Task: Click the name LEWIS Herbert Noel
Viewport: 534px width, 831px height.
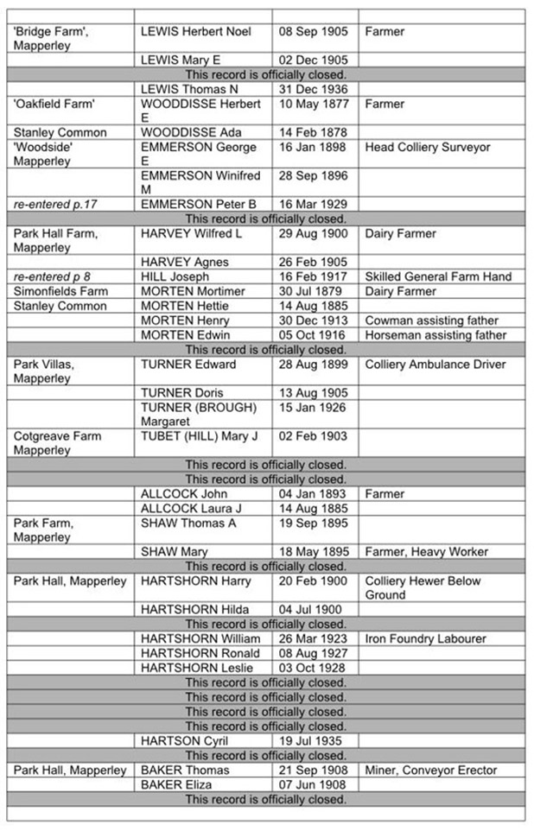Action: pos(196,32)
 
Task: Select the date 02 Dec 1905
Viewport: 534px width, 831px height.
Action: pos(313,60)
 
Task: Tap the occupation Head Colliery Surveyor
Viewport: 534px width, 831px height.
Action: pos(428,148)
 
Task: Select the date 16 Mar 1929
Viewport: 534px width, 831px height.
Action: pos(313,205)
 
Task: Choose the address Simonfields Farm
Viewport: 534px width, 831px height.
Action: pos(60,292)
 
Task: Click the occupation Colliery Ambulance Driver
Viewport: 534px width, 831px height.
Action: pos(435,365)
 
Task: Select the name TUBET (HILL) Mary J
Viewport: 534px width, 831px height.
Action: pos(199,436)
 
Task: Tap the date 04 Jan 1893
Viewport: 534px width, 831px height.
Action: pos(313,494)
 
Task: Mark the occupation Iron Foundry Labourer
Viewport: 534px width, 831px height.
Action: pos(426,639)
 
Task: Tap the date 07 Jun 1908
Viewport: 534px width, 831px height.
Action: pos(313,785)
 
